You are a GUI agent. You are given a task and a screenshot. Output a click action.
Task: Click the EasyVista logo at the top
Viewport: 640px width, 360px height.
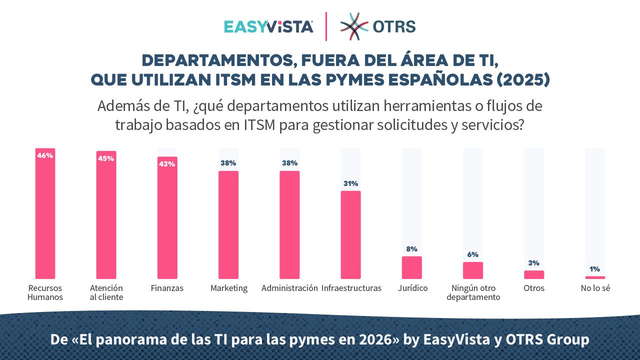[268, 26]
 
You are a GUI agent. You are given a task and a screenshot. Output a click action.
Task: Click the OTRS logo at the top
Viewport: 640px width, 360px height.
[378, 26]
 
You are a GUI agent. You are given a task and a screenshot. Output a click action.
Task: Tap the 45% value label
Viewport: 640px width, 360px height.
[106, 158]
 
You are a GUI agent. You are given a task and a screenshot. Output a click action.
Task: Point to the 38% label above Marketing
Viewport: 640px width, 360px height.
[228, 163]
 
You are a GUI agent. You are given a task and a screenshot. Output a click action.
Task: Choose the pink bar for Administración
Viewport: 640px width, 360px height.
[289, 225]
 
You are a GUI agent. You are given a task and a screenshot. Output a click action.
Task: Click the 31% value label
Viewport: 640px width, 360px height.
[350, 183]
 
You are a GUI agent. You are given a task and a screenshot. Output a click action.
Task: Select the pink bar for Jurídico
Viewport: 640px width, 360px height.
[411, 267]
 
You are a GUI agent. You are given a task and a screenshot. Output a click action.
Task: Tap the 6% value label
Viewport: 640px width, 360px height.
[472, 254]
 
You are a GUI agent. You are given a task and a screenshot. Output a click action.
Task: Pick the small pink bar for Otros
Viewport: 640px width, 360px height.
[534, 274]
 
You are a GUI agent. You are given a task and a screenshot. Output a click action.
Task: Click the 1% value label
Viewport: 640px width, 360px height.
[595, 269]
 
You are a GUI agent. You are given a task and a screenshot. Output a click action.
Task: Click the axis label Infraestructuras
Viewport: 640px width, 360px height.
[351, 288]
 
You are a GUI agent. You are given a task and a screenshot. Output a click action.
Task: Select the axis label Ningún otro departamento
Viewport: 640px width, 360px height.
[473, 292]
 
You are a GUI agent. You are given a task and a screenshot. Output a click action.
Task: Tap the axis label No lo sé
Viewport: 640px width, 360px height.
[595, 288]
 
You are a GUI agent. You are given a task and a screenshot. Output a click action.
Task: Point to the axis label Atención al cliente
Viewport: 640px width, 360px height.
[106, 292]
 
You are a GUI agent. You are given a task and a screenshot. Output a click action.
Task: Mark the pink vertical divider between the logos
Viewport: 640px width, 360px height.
[326, 26]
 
